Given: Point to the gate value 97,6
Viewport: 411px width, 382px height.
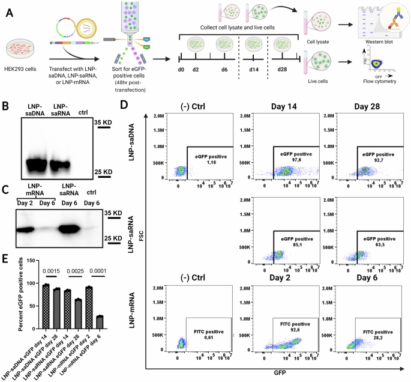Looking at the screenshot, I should tap(295, 160).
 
